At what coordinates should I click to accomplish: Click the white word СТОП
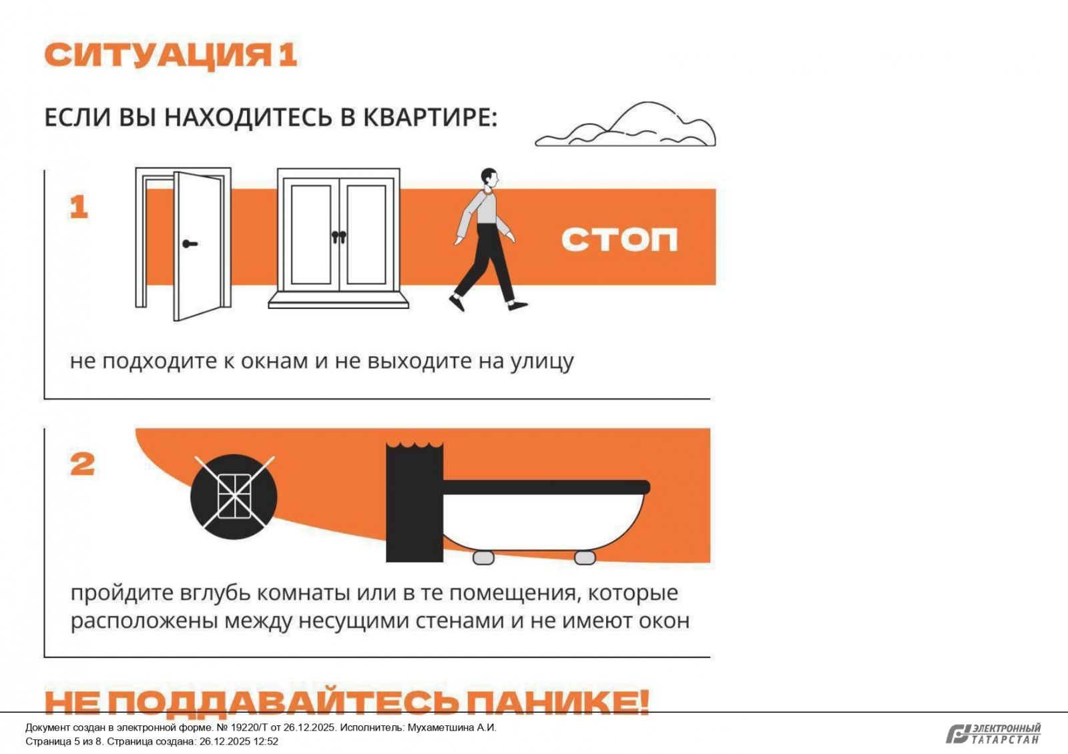tap(619, 240)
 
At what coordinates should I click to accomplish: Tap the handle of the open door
tap(190, 244)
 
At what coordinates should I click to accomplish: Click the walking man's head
tap(489, 177)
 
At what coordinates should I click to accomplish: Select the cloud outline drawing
tap(625, 124)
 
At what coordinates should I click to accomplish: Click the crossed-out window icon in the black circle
tap(234, 496)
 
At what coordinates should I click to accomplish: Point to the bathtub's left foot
tap(483, 557)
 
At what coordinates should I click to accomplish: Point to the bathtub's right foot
tap(585, 557)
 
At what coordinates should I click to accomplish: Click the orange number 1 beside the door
tap(79, 207)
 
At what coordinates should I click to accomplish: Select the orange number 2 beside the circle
tap(83, 464)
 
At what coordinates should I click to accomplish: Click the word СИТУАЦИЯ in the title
tap(158, 55)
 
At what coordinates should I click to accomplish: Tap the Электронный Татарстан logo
tap(993, 734)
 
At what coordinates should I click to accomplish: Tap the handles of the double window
tap(339, 236)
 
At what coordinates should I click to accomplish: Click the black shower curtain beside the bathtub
tap(415, 502)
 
